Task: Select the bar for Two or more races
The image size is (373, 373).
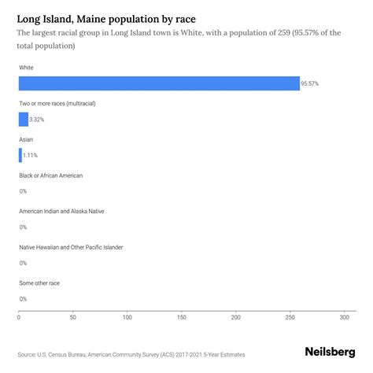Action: (x=24, y=120)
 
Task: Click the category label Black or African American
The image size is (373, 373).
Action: (x=50, y=175)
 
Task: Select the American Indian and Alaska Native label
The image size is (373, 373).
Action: (x=61, y=211)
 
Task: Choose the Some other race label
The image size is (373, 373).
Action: (x=39, y=283)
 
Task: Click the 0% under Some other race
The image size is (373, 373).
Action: (x=23, y=299)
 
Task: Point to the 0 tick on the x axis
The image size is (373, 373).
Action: (x=19, y=318)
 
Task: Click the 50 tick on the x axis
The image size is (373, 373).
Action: (x=73, y=318)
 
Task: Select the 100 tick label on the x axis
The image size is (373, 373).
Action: (x=127, y=318)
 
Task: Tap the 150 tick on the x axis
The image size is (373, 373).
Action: (x=182, y=318)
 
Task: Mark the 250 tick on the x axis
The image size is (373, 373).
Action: (x=290, y=318)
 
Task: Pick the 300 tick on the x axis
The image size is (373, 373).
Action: (x=344, y=318)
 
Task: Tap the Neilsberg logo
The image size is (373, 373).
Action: (x=330, y=354)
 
